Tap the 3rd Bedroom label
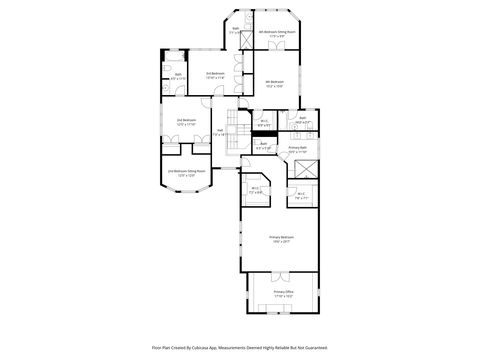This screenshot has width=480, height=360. pos(215,73)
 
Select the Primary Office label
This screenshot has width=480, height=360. pos(284,292)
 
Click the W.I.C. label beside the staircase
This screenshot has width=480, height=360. pos(263,122)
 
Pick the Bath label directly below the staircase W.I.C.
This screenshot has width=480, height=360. pos(262,144)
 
